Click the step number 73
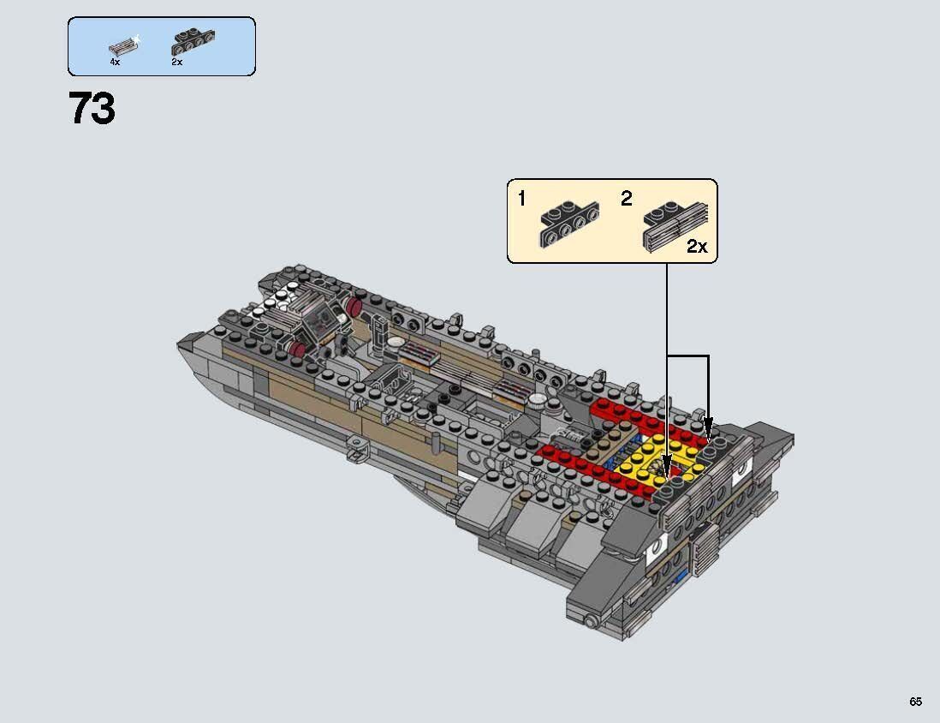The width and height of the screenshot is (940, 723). (92, 109)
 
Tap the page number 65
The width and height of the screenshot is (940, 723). (915, 702)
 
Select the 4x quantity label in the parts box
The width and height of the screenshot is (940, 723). (115, 63)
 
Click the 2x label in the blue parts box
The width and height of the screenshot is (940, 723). (176, 63)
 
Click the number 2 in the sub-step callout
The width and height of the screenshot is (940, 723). (626, 200)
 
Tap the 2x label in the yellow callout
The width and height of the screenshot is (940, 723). (697, 247)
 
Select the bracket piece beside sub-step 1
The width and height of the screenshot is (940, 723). (568, 224)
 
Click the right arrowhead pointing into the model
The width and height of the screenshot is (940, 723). (708, 425)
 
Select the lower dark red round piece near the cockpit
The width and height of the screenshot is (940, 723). (299, 349)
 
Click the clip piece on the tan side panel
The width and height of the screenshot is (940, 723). (358, 448)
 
